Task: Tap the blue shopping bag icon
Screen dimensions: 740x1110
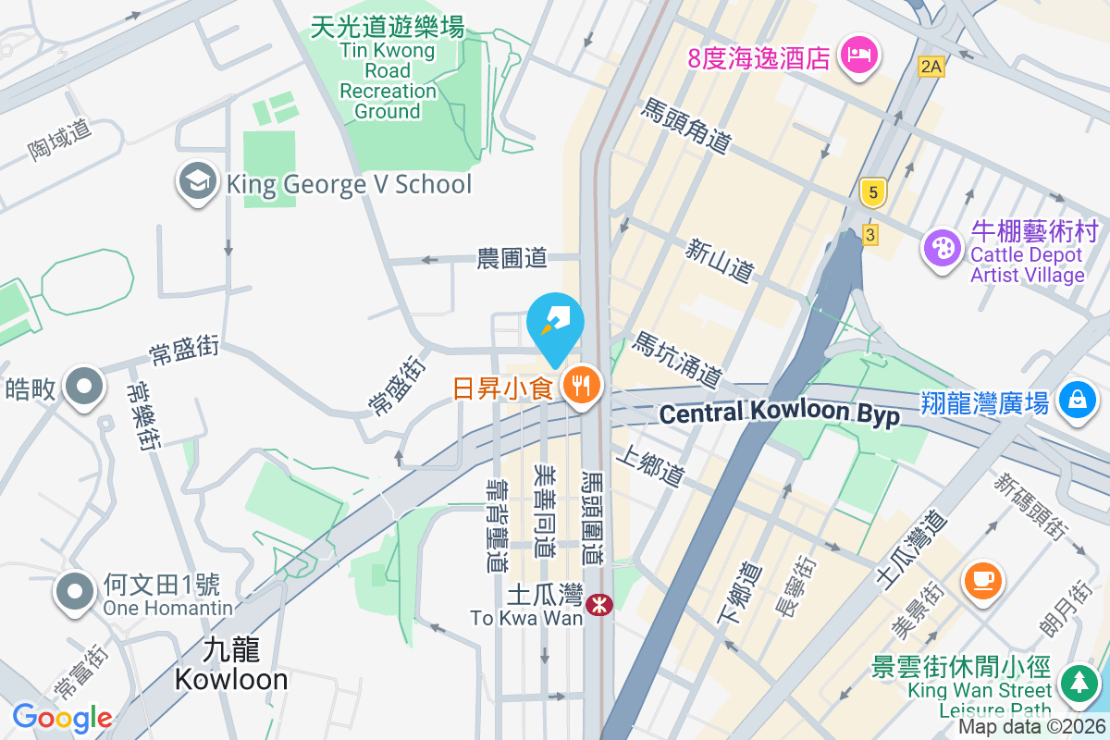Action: coord(1077,400)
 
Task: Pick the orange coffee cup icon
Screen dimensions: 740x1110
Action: coord(982,580)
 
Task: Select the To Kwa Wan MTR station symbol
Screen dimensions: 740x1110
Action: coord(600,605)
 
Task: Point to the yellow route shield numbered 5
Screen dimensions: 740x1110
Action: coord(870,193)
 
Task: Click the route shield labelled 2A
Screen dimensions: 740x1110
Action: coord(931,66)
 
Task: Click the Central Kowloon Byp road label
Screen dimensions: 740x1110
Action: coord(779,413)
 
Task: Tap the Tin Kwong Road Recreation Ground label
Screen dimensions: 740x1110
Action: coord(388,70)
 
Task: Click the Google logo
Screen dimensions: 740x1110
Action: coord(62,717)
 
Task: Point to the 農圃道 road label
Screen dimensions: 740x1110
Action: coord(512,258)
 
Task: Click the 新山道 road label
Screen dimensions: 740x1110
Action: coord(720,260)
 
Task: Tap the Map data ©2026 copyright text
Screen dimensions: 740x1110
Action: coord(1032,727)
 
